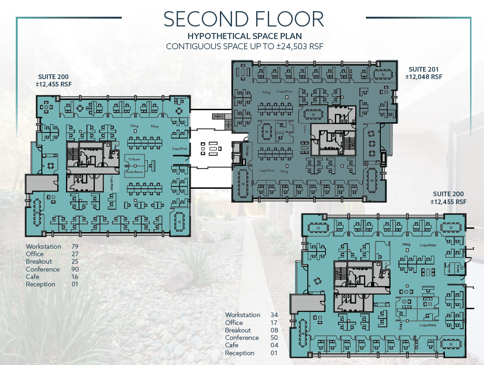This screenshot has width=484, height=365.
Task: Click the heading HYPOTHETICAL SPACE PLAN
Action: [244, 36]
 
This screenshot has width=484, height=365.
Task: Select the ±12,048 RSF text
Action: [423, 77]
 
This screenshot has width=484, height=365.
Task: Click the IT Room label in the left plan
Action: [135, 159]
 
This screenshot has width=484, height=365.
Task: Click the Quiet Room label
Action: [135, 172]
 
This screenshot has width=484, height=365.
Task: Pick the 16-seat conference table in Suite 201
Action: [243, 184]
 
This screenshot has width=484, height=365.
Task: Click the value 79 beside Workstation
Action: [74, 246]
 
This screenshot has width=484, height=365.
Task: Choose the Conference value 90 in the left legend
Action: [74, 269]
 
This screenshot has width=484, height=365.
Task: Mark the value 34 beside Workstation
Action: [274, 315]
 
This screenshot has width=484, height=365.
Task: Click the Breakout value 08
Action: [274, 330]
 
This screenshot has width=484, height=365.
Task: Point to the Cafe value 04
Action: [274, 345]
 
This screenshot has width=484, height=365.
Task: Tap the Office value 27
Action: [74, 254]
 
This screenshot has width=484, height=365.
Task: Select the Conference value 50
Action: [274, 338]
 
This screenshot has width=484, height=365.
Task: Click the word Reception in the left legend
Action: [40, 284]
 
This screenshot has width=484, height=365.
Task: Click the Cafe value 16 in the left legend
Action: [74, 277]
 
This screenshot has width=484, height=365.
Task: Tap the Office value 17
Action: [274, 322]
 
